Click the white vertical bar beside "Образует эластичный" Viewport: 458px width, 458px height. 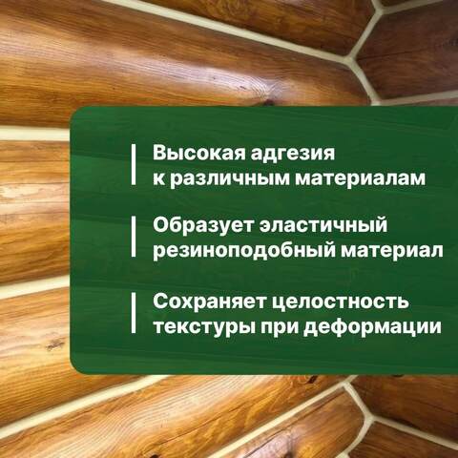coord(133,239)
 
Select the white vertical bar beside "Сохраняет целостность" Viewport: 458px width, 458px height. coord(133,314)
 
